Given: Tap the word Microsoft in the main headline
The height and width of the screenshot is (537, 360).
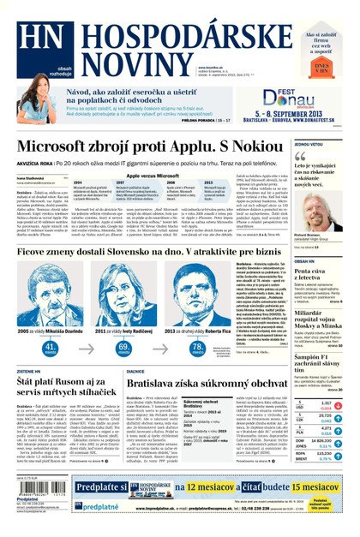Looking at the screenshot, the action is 55,146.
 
